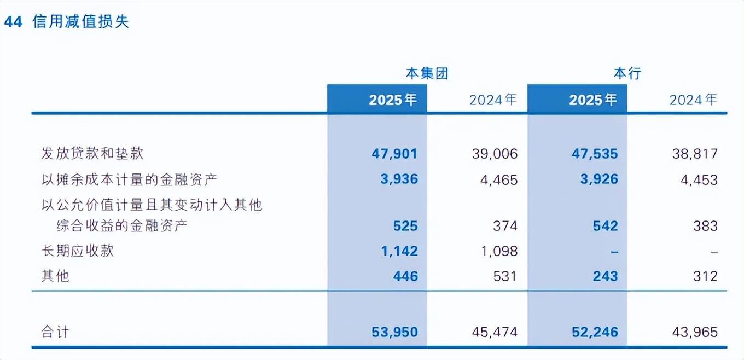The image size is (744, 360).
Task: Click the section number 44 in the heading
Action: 13,22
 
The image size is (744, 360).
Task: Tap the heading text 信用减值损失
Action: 81,22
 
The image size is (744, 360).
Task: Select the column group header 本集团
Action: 427,73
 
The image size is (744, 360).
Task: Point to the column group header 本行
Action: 627,73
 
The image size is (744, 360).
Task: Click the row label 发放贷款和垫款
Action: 92,153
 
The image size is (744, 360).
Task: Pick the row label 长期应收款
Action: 78,251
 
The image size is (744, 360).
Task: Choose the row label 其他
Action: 55,276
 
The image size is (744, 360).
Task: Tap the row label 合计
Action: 55,332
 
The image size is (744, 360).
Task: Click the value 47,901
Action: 394,154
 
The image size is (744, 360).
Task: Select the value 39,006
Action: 495,154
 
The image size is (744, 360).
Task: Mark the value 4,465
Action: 499,179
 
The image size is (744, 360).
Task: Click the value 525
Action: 405,226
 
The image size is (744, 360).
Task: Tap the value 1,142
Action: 399,251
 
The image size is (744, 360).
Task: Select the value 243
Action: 605,276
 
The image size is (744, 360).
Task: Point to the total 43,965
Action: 695,332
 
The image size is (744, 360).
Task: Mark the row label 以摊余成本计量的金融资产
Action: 125,179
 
